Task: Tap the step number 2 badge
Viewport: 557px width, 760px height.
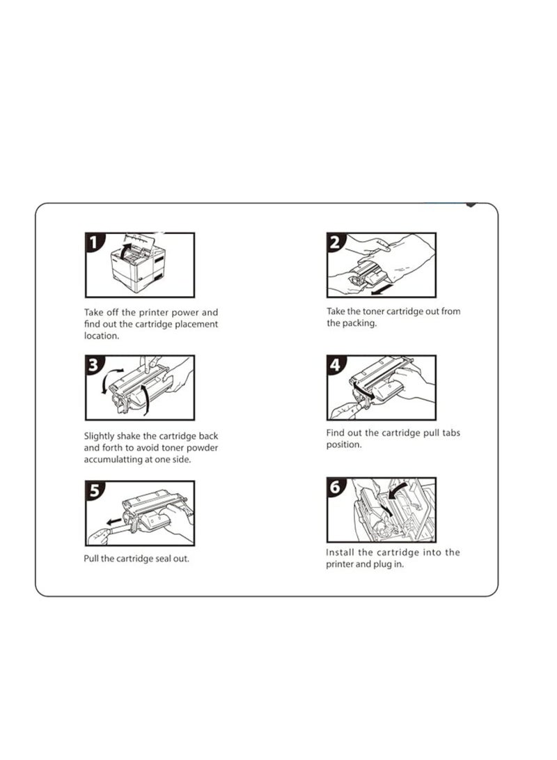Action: coord(336,242)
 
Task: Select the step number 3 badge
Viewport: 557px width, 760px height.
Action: coord(94,364)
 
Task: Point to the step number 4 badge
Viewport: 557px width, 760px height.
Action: coord(336,364)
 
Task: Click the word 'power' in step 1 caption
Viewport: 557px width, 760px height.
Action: coord(185,313)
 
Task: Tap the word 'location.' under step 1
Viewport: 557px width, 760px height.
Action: coord(101,336)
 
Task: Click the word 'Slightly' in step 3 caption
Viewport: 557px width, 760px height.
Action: coord(99,436)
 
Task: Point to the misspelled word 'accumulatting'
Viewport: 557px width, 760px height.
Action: coord(112,460)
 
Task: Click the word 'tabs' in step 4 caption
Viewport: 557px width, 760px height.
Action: coord(451,433)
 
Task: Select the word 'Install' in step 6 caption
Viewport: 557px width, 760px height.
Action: coord(340,552)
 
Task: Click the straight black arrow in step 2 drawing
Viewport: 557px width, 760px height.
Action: coord(379,290)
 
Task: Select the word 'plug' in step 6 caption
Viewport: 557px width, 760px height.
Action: coord(381,565)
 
